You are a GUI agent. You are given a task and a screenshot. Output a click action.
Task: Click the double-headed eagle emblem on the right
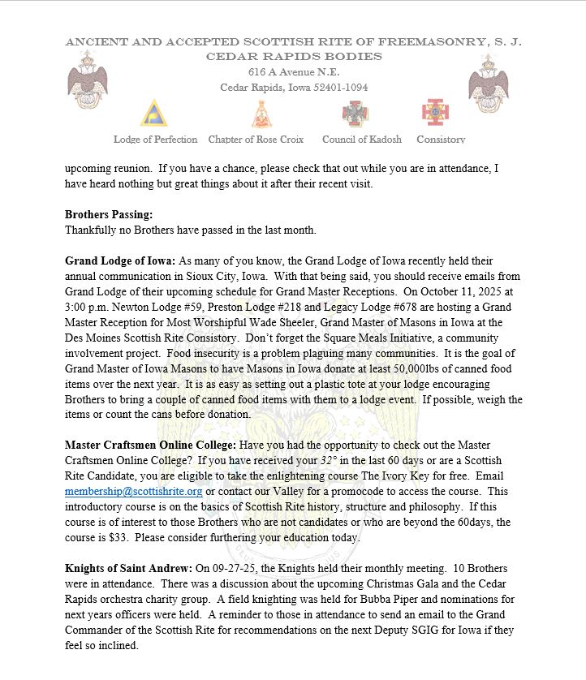pyautogui.click(x=488, y=81)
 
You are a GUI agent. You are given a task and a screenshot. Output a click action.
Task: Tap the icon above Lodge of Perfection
pyautogui.click(x=154, y=114)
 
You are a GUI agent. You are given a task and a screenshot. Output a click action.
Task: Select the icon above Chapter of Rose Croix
pyautogui.click(x=261, y=114)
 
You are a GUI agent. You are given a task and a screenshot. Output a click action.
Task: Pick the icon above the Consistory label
pyautogui.click(x=435, y=113)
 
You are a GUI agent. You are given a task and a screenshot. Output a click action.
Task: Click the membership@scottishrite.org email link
pyautogui.click(x=134, y=492)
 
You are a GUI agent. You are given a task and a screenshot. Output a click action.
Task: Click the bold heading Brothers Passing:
pyautogui.click(x=109, y=215)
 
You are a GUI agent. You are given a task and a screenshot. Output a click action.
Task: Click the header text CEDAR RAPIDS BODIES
pyautogui.click(x=293, y=57)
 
